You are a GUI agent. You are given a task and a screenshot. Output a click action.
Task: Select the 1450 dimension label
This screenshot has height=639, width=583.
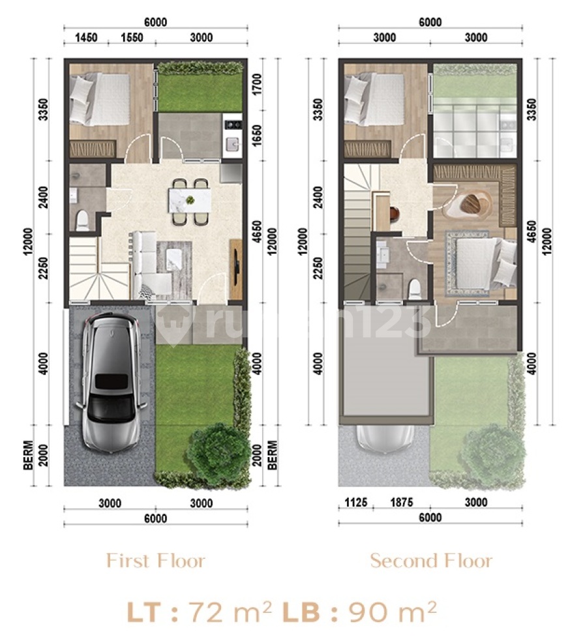(87, 38)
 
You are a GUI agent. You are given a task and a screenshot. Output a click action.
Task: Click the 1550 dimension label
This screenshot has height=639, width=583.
(132, 38)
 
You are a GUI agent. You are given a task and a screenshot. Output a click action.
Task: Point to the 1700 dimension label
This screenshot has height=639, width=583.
(257, 84)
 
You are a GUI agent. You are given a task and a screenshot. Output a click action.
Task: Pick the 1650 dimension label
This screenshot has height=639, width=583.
(257, 136)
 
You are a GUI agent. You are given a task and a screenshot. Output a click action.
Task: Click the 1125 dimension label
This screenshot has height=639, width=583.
(356, 502)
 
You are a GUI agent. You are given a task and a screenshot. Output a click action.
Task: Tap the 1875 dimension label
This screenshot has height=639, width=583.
(402, 502)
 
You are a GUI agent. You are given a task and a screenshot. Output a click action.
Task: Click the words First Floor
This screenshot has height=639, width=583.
(155, 561)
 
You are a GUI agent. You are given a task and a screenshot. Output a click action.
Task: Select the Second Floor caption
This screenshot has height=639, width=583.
(431, 561)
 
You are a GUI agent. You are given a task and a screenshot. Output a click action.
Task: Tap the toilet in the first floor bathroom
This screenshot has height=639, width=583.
(82, 220)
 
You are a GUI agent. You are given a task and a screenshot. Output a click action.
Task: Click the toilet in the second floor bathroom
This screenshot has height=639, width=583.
(414, 289)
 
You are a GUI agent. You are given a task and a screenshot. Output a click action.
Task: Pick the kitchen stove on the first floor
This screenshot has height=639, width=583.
(232, 125)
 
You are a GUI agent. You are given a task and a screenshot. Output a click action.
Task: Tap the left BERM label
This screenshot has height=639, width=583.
(28, 455)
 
